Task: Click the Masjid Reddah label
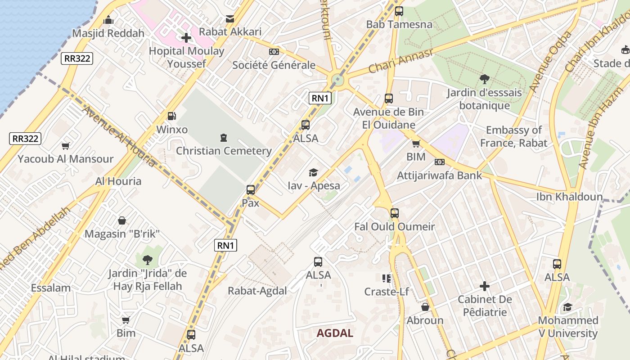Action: click(108, 33)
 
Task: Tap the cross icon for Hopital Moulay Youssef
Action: click(186, 38)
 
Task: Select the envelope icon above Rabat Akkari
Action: click(230, 19)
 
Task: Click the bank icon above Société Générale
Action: click(274, 52)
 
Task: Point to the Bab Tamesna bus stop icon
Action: click(399, 12)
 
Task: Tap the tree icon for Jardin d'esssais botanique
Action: click(484, 80)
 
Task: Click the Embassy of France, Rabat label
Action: click(513, 137)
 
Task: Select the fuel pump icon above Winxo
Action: click(171, 117)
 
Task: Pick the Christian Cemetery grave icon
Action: click(223, 138)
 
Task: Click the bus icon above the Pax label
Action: click(251, 190)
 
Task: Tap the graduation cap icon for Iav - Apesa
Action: click(313, 172)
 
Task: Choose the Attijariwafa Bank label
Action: click(439, 175)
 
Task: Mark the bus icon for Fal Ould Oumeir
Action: click(395, 213)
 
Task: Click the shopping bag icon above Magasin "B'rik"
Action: click(122, 220)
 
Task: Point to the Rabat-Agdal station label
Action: click(257, 291)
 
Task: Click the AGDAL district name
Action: click(335, 333)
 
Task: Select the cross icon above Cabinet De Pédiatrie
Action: click(484, 286)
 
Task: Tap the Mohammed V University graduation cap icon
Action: click(567, 307)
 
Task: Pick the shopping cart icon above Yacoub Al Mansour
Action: click(66, 146)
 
